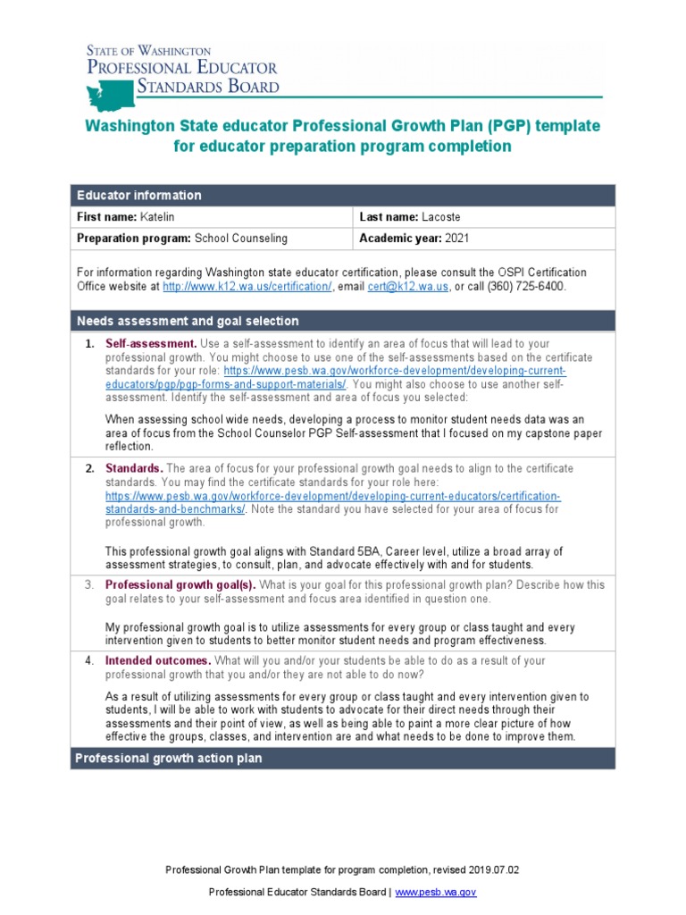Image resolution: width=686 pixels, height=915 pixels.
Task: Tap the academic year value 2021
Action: (454, 239)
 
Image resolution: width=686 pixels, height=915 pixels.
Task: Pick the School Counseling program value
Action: (241, 239)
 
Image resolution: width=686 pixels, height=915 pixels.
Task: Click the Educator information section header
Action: (139, 195)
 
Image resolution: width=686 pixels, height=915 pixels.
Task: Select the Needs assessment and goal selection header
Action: (188, 321)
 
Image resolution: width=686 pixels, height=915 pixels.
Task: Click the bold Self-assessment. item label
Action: (151, 343)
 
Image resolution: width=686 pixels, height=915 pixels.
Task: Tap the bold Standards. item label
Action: (134, 468)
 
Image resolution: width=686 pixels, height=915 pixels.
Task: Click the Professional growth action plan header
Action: (168, 758)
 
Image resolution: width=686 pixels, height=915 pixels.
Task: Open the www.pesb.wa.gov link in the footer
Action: (435, 892)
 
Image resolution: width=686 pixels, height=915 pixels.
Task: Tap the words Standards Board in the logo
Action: (207, 87)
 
